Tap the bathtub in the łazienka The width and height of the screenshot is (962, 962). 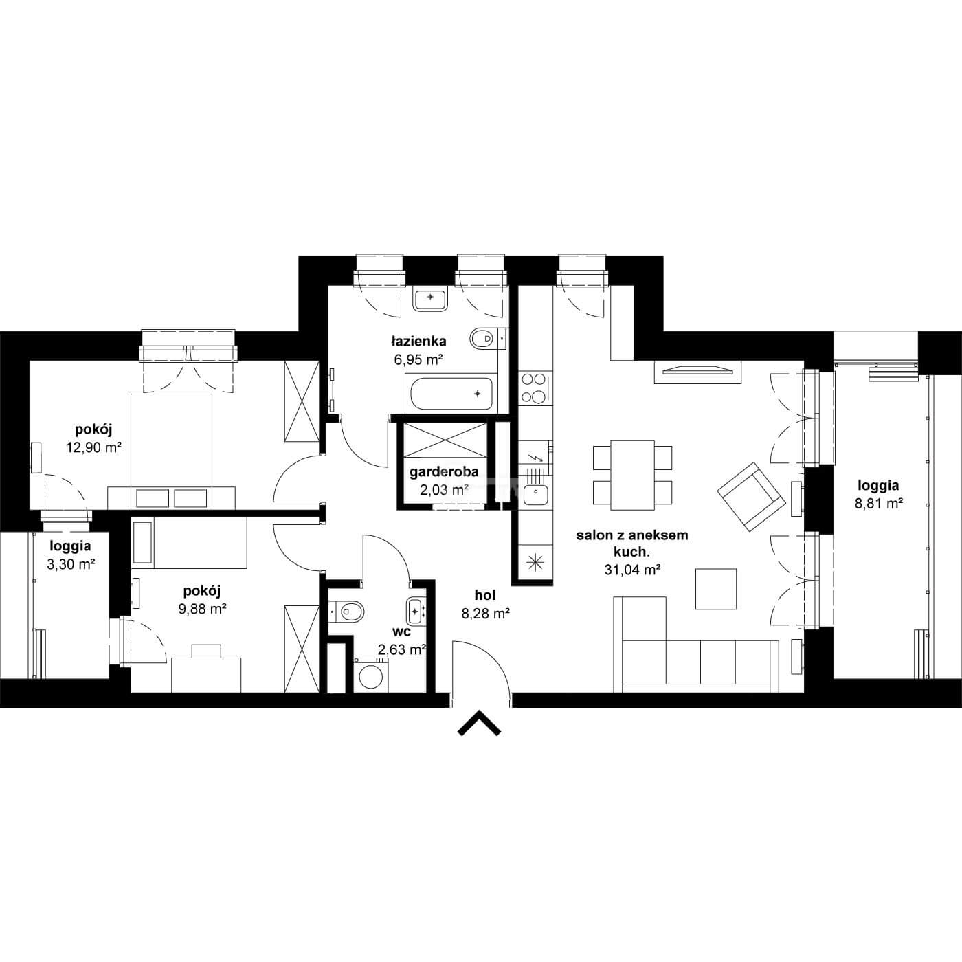(x=451, y=394)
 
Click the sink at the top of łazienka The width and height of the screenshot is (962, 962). (x=430, y=298)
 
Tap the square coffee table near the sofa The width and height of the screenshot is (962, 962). (x=717, y=589)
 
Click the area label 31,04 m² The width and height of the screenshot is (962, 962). (x=632, y=570)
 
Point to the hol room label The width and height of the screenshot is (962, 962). (x=484, y=595)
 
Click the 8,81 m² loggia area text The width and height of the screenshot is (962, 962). (x=878, y=504)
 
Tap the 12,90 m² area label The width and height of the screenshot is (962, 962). (x=94, y=447)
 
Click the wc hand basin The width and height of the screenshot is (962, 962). (x=416, y=611)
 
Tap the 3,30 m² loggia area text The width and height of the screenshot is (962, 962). (x=71, y=565)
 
